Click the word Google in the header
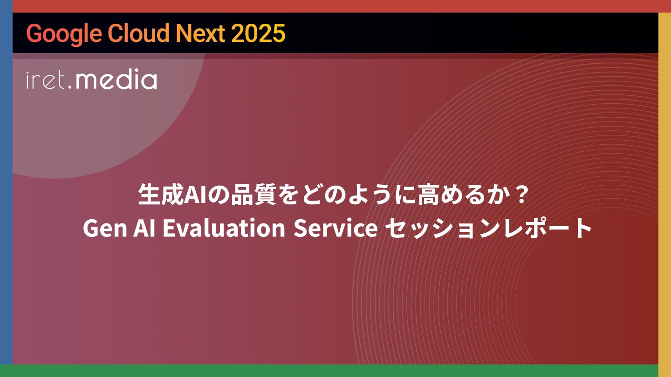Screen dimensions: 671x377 [64, 34]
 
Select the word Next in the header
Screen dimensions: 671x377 [201, 33]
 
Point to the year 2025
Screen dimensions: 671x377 [258, 33]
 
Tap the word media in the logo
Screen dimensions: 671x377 [116, 79]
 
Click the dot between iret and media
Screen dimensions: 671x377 [70, 88]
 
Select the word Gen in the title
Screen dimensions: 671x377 [105, 228]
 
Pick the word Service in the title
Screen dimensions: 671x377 [335, 228]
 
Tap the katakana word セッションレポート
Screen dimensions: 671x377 [488, 228]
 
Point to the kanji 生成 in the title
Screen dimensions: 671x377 [161, 195]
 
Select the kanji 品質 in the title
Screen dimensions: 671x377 [253, 195]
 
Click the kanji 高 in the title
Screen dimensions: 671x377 [429, 195]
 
